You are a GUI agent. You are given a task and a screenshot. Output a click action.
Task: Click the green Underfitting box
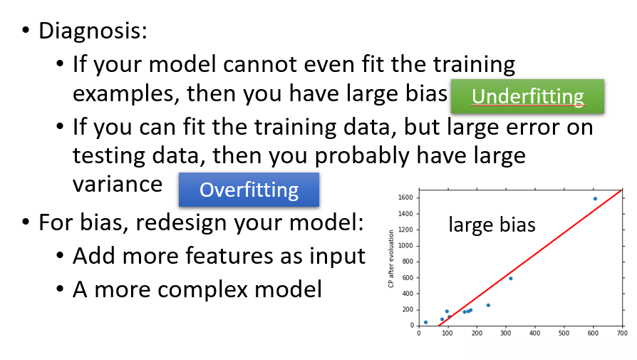click(x=527, y=96)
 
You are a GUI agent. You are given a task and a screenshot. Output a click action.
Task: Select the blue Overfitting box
click(x=249, y=190)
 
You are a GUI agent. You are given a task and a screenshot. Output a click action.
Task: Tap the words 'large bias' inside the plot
click(x=492, y=225)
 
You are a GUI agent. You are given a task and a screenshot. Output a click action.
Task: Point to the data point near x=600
click(x=595, y=199)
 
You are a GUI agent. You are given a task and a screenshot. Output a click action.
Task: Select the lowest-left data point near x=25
click(x=426, y=322)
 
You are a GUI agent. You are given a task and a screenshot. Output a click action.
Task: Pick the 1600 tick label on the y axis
click(x=405, y=197)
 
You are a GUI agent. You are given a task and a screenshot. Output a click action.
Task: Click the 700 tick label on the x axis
click(x=622, y=333)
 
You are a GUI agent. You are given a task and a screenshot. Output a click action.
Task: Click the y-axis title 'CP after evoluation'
click(x=391, y=259)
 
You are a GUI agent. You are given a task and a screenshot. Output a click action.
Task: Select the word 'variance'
click(x=118, y=185)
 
